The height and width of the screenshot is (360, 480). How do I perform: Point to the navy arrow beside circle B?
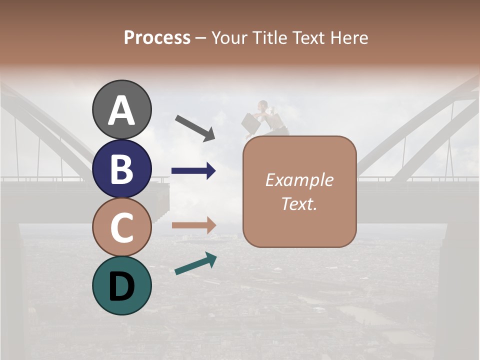point(193,171)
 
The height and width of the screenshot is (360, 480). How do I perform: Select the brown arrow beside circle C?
point(193,225)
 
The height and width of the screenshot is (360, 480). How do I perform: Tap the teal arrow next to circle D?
point(195,264)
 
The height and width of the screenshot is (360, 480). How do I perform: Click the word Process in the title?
point(157,38)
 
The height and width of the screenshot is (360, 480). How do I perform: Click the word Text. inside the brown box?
point(299,204)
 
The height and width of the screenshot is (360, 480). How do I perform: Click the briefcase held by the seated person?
point(250,123)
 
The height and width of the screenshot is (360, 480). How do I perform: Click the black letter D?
point(121,286)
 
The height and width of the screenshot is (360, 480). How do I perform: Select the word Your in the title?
point(228,38)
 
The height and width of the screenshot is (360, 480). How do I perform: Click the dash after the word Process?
point(200,38)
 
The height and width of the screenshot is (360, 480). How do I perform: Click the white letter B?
point(121,169)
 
